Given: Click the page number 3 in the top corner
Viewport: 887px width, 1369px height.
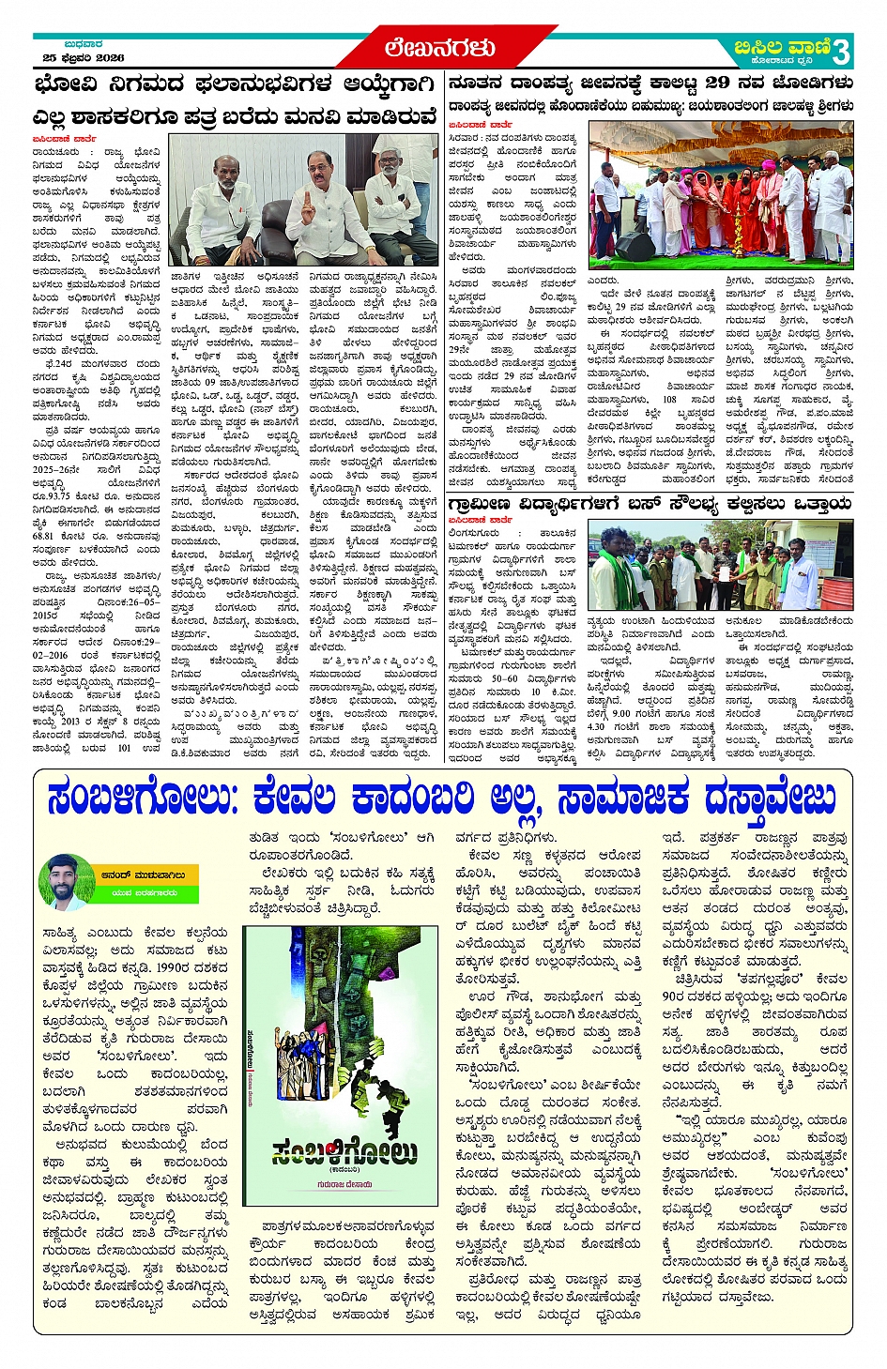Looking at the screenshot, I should pos(841,49).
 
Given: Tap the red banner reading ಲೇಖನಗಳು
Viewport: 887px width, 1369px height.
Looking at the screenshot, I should pos(439,48).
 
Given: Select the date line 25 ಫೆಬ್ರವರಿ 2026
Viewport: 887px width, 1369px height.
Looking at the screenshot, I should pos(84,58).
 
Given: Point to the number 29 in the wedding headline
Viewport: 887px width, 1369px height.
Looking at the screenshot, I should pos(717,83).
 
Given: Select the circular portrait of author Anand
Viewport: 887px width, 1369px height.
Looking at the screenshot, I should pos(67,881).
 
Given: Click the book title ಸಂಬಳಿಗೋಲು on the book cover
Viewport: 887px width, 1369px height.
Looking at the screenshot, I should pos(343,1152).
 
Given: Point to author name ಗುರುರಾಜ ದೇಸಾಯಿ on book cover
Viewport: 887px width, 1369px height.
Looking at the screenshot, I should pos(343,1185).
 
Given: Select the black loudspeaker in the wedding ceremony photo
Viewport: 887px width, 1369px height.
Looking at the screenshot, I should pos(635,246).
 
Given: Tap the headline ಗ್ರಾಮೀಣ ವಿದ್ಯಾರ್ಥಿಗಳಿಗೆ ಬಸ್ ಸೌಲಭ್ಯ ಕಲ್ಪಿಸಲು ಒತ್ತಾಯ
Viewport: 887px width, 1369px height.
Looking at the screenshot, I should pos(650,505).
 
